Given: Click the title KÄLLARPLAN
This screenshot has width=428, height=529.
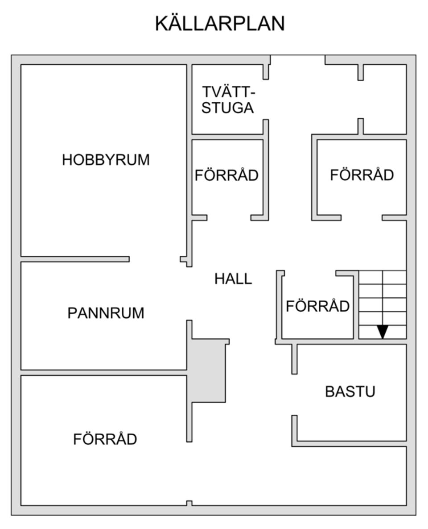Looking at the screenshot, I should pyautogui.click(x=219, y=24).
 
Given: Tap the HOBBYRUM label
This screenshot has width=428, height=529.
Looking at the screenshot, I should pyautogui.click(x=106, y=160).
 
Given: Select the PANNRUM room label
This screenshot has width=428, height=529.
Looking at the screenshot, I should pyautogui.click(x=106, y=313).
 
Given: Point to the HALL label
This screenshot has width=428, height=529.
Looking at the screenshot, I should pyautogui.click(x=233, y=279).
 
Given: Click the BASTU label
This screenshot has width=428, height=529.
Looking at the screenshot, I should pyautogui.click(x=350, y=392).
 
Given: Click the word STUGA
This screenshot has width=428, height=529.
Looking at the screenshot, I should pyautogui.click(x=227, y=108).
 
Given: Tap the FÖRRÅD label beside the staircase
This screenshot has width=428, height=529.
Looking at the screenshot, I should pyautogui.click(x=317, y=307).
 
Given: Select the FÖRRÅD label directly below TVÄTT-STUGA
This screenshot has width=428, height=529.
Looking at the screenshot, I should pyautogui.click(x=226, y=175).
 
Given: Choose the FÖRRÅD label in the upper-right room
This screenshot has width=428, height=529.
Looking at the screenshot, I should pyautogui.click(x=362, y=175).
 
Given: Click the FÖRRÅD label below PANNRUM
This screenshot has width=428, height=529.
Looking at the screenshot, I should pyautogui.click(x=105, y=439).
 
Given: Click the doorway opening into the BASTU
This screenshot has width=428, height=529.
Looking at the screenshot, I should pyautogui.click(x=294, y=395).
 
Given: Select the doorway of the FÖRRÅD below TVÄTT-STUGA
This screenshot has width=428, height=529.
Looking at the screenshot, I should pyautogui.click(x=229, y=217).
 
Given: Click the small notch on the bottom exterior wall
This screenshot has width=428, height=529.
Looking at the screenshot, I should pyautogui.click(x=189, y=503).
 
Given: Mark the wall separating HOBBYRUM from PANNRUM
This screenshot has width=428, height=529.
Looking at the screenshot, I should pyautogui.click(x=75, y=259).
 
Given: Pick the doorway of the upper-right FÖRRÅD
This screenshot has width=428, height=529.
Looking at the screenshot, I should pyautogui.click(x=362, y=217).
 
